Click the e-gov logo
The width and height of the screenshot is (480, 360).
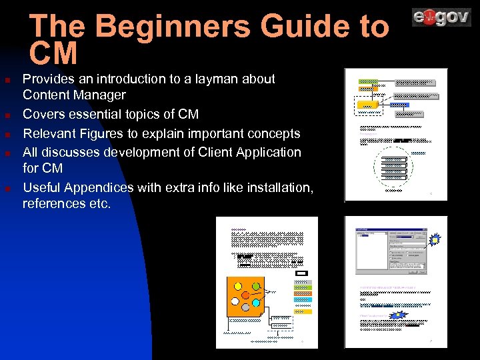tap(441, 17)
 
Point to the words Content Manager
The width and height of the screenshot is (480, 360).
tap(74, 95)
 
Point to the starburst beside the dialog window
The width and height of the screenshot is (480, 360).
tap(434, 238)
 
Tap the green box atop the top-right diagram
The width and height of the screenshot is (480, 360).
tap(368, 81)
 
